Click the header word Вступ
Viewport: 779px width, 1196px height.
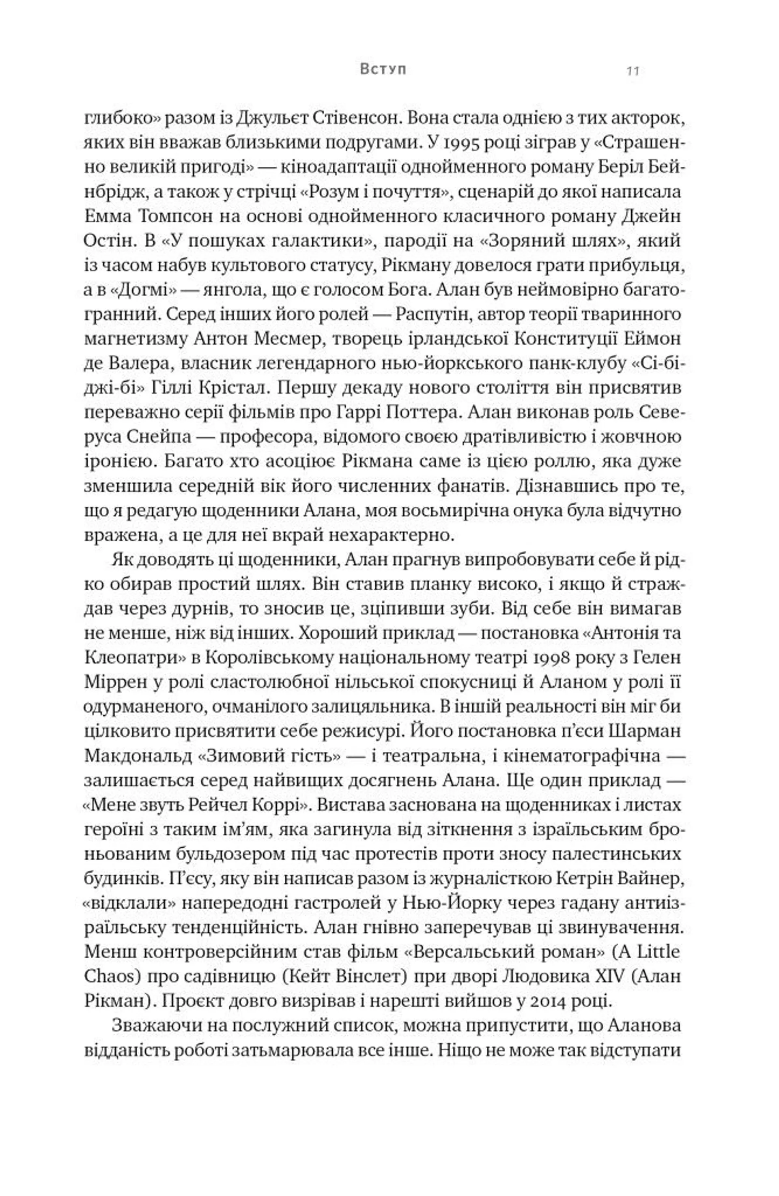pos(383,69)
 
